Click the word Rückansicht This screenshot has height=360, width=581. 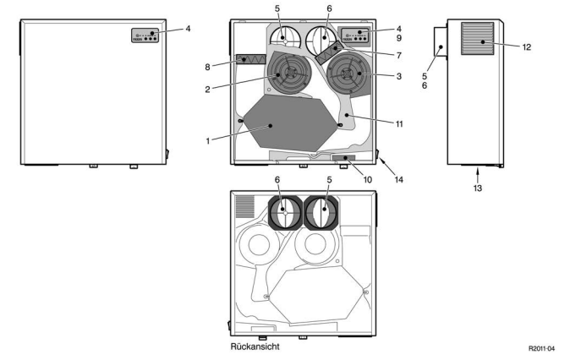256,347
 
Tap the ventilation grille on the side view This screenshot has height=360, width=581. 480,39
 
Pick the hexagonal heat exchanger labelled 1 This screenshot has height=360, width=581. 283,124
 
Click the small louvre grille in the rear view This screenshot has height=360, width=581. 245,205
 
